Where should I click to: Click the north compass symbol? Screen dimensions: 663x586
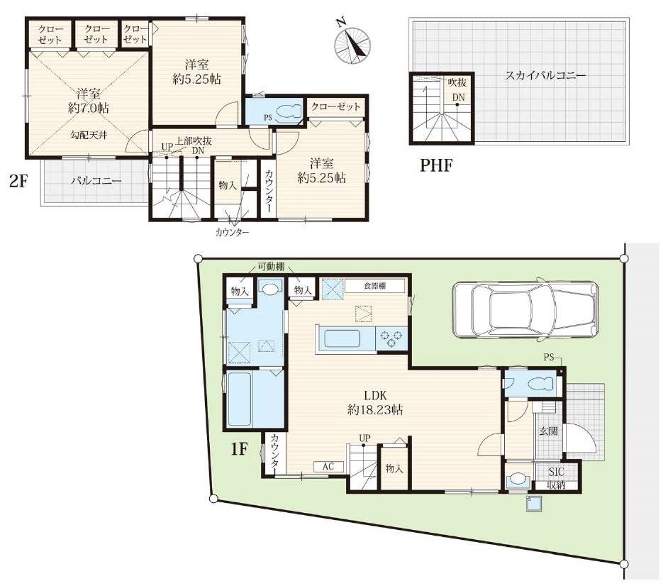(352, 45)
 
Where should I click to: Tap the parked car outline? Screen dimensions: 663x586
(525, 309)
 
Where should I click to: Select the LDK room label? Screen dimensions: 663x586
(375, 402)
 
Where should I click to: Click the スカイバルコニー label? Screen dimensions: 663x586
(545, 76)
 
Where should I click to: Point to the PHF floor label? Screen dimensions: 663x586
(436, 165)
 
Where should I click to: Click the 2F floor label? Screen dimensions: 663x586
(18, 181)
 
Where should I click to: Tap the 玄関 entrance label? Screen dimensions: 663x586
(548, 431)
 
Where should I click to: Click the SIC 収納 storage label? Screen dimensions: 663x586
(557, 479)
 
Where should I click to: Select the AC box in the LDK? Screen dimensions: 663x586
(328, 466)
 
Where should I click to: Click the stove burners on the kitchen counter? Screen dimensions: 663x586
(391, 338)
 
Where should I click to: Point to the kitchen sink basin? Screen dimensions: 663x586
(342, 339)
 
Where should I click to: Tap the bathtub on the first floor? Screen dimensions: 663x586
(240, 399)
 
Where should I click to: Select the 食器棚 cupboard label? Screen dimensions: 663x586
(374, 286)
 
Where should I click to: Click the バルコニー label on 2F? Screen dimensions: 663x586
(96, 181)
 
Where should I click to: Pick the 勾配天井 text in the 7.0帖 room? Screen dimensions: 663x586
(89, 136)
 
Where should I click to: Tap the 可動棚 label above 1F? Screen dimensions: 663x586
(271, 267)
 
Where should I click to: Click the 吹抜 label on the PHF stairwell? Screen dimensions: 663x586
(457, 82)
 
